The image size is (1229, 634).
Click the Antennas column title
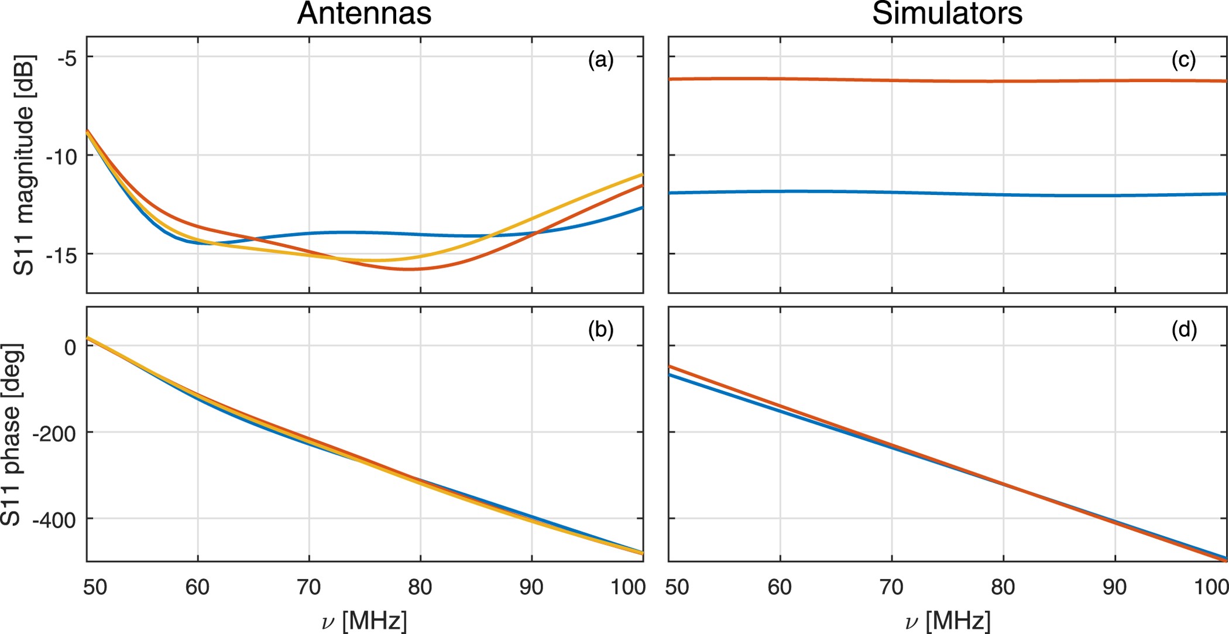coord(364,14)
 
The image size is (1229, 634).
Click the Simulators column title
coord(947,14)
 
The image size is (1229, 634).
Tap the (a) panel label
coord(600,60)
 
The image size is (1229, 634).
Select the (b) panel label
coord(600,330)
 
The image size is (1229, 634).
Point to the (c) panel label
coord(1183,60)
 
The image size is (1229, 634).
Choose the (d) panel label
coord(1183,330)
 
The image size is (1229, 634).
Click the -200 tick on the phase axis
coord(54,434)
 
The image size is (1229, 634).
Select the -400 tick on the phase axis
coord(54,520)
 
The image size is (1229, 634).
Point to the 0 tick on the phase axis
coord(70,347)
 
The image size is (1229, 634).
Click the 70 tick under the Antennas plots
coord(309,587)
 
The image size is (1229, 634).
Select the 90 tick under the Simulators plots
coord(1114,587)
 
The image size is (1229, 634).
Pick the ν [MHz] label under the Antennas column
coord(364,621)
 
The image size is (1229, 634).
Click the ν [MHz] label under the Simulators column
coord(947,621)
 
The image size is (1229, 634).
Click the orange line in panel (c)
coord(947,81)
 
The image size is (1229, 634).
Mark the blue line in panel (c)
coord(947,193)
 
